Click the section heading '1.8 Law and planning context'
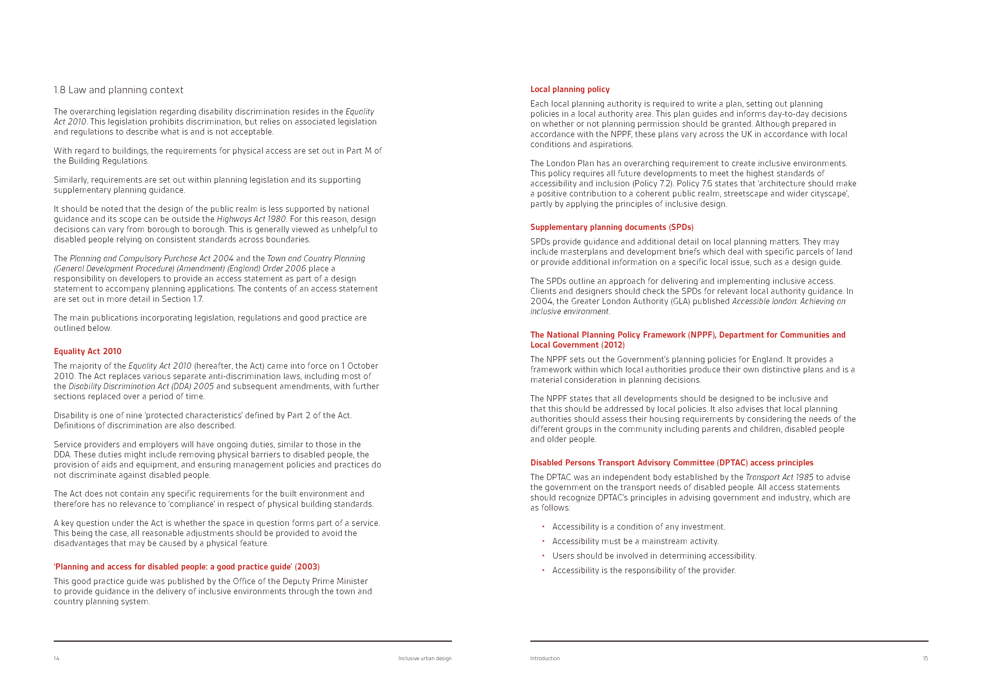pos(118,90)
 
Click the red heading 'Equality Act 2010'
pos(88,351)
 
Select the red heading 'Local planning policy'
pos(570,89)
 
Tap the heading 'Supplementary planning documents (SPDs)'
pos(611,227)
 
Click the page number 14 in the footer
pos(57,658)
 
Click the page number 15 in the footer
pos(925,658)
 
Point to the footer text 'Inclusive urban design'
pos(425,658)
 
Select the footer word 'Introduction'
pos(545,658)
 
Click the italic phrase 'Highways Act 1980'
pos(251,219)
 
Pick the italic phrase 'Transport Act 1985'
pos(779,477)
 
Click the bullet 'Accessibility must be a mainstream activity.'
pos(636,541)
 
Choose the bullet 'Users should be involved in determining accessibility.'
pos(654,556)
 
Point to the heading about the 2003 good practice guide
pos(186,566)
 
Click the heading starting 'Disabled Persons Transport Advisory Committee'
pos(671,463)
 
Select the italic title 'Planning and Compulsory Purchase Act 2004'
pos(151,258)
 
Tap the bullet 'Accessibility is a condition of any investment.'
pos(639,527)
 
